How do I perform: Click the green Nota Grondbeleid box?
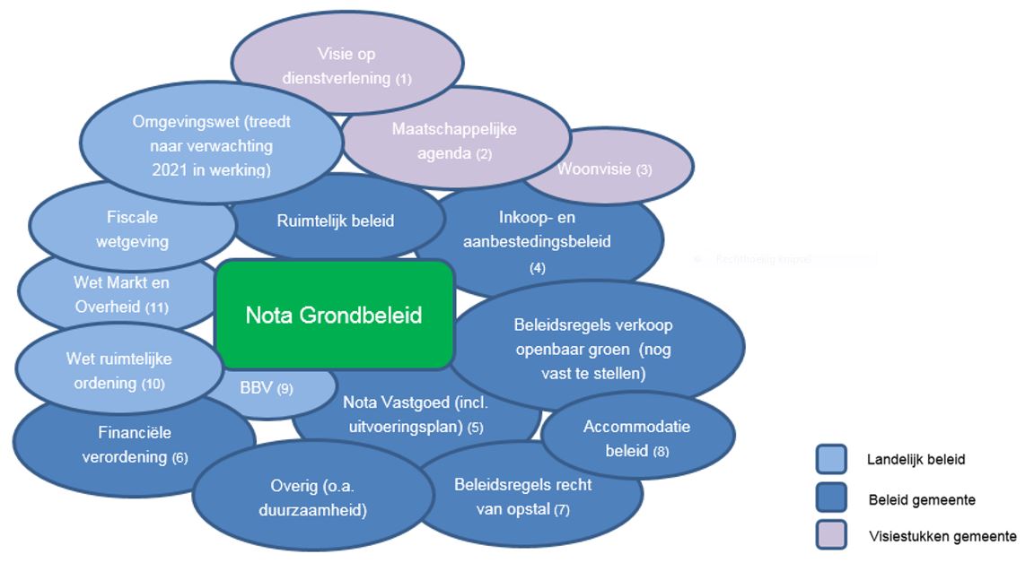click(334, 315)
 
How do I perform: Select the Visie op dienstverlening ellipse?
click(346, 65)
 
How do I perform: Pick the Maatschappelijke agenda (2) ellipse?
click(454, 141)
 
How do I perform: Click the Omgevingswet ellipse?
click(211, 145)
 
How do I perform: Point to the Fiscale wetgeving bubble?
click(132, 229)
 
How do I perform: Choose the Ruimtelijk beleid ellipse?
click(336, 221)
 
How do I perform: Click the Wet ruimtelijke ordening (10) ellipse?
click(118, 370)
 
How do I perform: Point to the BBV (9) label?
click(266, 389)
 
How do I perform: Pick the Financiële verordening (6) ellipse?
click(135, 445)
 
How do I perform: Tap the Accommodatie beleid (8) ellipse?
click(636, 438)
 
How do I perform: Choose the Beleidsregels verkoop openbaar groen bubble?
click(593, 348)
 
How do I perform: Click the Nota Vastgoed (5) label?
click(413, 414)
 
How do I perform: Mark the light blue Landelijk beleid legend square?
click(830, 459)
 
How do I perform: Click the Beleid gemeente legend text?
click(921, 499)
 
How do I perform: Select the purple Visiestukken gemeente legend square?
click(830, 535)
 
